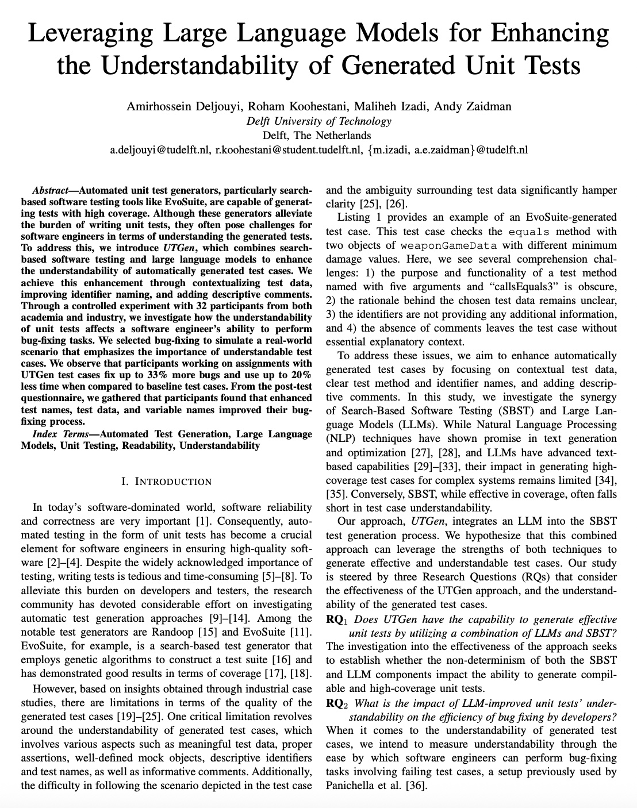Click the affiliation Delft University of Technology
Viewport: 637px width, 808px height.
click(x=318, y=121)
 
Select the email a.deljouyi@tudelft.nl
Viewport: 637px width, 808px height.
click(x=160, y=151)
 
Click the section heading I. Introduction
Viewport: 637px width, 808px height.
click(x=167, y=482)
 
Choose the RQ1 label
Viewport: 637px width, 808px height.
click(x=337, y=620)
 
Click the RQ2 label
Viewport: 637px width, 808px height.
click(x=337, y=703)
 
